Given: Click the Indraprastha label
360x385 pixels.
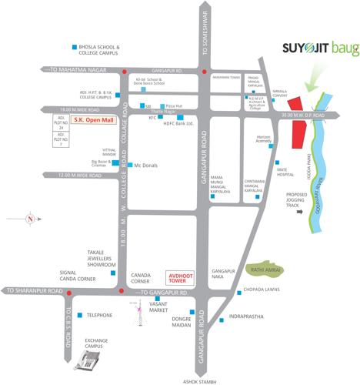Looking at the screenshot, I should tap(250, 315).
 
